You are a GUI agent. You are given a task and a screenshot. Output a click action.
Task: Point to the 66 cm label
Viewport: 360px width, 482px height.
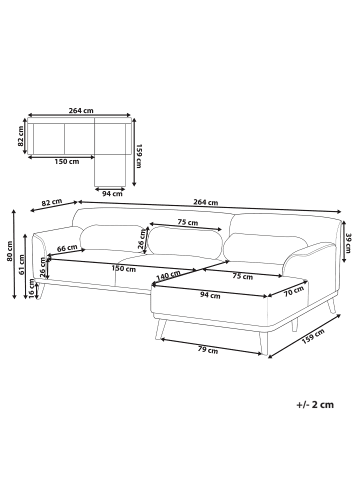tap(68, 248)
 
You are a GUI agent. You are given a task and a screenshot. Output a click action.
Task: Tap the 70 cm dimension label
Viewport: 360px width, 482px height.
tap(293, 292)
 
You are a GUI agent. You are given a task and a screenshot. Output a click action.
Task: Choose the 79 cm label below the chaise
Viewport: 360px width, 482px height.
tap(207, 349)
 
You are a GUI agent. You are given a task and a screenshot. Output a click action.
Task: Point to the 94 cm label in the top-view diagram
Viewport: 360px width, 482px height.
tap(112, 192)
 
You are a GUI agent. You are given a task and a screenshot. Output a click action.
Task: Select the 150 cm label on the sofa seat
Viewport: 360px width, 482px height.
tap(123, 269)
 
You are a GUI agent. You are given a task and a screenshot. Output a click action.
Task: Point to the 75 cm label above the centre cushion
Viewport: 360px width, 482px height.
tap(185, 223)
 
